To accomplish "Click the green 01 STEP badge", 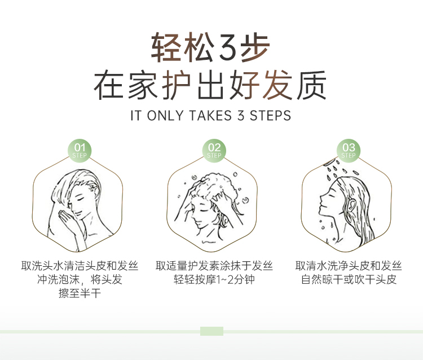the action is (80, 151).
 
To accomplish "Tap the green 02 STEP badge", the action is (214, 151).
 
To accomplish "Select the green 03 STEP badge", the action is (349, 151).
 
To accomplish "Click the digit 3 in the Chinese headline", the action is (228, 48).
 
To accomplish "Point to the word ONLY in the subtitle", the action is (165, 116).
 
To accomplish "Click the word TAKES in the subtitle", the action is (210, 116).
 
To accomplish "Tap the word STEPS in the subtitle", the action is (270, 116).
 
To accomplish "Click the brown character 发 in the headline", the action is (277, 85).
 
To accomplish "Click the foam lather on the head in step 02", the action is (216, 186).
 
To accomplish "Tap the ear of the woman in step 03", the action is (351, 205).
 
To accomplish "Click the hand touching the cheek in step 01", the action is (68, 219).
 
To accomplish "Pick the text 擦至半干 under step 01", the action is (80, 293).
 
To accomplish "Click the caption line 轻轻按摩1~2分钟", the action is (214, 279).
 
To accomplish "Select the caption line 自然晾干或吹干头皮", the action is (349, 279).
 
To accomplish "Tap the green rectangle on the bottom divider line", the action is (211, 331).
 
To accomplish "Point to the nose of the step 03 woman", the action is (321, 200).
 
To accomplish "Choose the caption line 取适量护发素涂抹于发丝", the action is (214, 266).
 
